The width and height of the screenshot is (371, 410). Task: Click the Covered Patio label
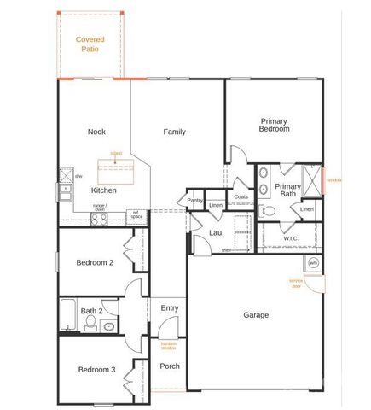point(90,44)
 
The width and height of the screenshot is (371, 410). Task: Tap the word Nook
point(96,132)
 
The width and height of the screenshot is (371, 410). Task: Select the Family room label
point(175,132)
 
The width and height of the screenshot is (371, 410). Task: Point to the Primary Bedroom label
point(275,125)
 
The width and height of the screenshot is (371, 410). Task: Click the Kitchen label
point(103,190)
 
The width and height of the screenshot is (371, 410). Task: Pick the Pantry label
point(194,201)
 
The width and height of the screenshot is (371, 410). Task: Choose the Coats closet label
point(241,196)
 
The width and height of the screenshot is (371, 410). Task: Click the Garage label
point(256,315)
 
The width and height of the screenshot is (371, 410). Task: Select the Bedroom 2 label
point(95,262)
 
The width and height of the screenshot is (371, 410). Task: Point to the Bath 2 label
point(91,311)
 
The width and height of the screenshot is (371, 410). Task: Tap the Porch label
point(170,366)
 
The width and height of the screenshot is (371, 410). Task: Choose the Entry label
point(170,308)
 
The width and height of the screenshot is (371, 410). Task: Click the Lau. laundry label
point(216,232)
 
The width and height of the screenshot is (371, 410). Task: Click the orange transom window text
point(169,344)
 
